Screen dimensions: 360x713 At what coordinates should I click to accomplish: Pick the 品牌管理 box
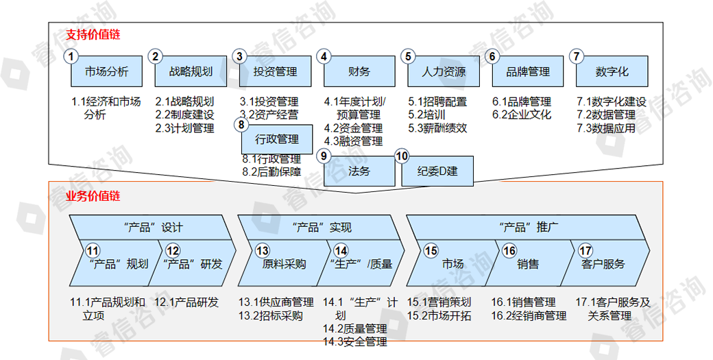click(x=527, y=72)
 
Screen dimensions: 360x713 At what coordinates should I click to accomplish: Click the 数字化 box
click(x=612, y=72)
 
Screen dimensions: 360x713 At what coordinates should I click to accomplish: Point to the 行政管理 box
click(x=278, y=140)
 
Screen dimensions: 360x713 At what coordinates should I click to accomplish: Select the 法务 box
click(x=359, y=171)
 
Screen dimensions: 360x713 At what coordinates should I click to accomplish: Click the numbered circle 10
click(x=402, y=156)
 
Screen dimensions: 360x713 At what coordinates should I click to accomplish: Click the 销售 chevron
click(x=528, y=263)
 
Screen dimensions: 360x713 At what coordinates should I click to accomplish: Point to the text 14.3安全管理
click(x=354, y=341)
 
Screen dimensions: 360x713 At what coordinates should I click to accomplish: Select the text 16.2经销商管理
click(x=529, y=315)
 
